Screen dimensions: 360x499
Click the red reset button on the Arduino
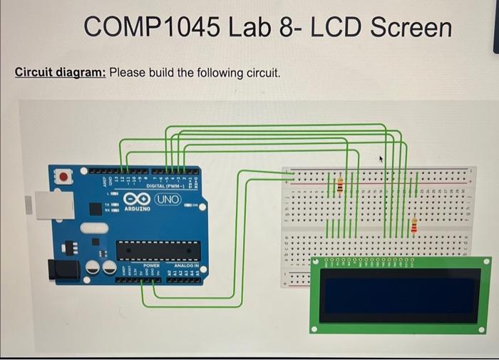(x=64, y=175)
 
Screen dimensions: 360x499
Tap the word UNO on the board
(x=168, y=197)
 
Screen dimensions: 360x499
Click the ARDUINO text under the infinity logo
(x=137, y=210)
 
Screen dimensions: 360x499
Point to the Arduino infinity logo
(x=136, y=198)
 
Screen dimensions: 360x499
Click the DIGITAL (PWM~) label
(x=165, y=186)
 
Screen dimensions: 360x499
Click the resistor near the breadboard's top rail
(x=340, y=186)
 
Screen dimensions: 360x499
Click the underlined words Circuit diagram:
(x=61, y=73)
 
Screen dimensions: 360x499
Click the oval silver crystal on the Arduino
(x=92, y=229)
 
